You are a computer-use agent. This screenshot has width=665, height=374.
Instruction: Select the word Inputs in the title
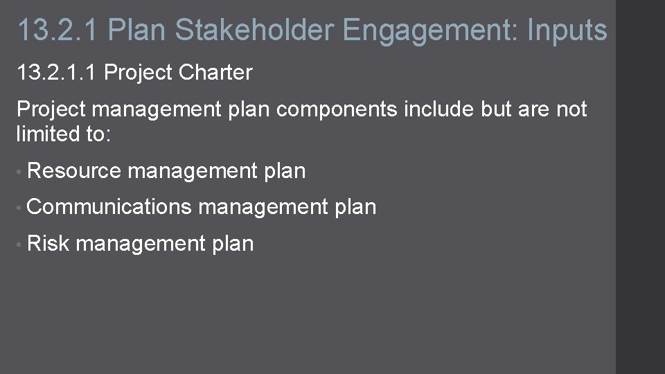click(x=567, y=30)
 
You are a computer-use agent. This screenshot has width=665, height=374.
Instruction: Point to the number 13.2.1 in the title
click(x=57, y=30)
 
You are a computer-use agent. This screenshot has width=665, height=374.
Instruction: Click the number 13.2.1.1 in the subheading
click(x=56, y=72)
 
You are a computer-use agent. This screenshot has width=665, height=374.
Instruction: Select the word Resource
click(x=75, y=170)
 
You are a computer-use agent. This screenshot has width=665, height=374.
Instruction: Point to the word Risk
click(x=48, y=243)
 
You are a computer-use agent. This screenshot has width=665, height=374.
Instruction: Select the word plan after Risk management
click(x=233, y=244)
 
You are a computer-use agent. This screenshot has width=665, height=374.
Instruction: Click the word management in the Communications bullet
click(x=263, y=206)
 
